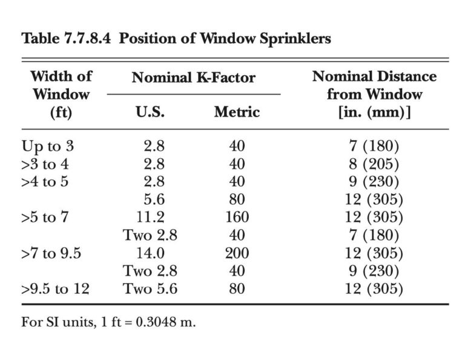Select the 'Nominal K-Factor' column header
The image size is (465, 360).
click(x=193, y=78)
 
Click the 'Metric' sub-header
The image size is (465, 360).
click(x=236, y=112)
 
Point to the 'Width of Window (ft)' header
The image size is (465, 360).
click(x=61, y=95)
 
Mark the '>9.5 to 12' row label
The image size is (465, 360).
click(x=55, y=288)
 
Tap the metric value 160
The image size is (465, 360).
click(x=237, y=217)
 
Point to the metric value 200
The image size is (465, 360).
click(x=237, y=253)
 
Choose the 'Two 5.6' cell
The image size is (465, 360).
click(x=150, y=288)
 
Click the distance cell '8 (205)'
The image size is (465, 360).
click(x=374, y=164)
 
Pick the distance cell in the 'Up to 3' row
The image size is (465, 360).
click(x=374, y=147)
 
